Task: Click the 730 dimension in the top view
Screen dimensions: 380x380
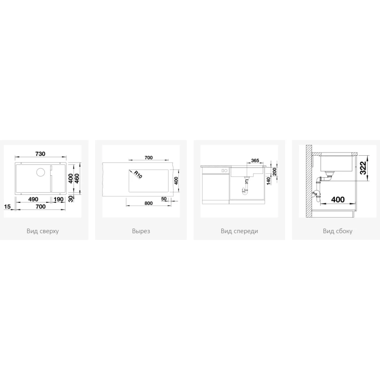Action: coord(40,154)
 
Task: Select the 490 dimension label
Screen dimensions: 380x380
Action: coord(33,199)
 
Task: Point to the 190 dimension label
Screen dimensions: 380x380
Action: coord(58,199)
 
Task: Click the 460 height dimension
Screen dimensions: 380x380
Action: coord(77,179)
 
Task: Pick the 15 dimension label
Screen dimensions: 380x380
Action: coord(8,207)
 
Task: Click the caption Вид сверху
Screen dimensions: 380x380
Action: coord(43,231)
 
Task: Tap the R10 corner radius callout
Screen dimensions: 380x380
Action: coord(138,175)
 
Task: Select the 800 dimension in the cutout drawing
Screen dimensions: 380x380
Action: coord(149,203)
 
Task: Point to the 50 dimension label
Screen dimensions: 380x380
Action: coord(164,199)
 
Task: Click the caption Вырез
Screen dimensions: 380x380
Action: coord(141,231)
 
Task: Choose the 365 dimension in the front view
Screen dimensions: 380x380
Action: coord(255,161)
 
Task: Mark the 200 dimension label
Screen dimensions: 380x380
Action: coord(275,172)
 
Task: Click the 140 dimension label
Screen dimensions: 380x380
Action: coord(268,181)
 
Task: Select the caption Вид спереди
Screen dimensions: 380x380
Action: coord(239,231)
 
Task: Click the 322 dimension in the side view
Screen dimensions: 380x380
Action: coord(363,168)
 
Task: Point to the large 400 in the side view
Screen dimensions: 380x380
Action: coord(338,199)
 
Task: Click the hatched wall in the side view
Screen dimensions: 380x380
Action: coord(309,181)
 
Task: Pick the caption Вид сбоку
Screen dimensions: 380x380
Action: coord(338,231)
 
